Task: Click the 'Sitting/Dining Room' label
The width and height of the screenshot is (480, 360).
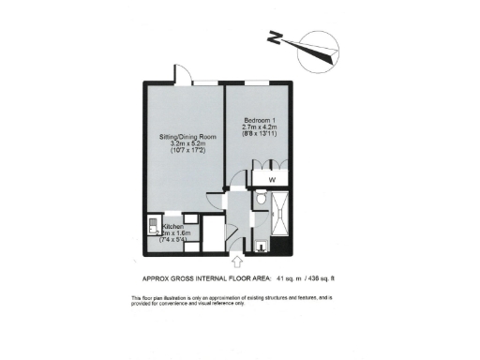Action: click(187, 137)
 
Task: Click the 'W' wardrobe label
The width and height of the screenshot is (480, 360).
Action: click(272, 177)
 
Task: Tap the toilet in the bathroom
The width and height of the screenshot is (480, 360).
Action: click(262, 200)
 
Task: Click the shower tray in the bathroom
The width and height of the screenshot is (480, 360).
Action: click(281, 218)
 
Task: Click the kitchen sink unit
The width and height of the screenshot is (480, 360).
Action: click(151, 228)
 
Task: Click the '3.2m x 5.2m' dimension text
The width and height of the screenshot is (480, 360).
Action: click(187, 145)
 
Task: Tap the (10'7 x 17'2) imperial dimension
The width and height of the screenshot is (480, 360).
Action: click(187, 154)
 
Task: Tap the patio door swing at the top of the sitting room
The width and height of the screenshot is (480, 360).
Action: click(180, 76)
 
